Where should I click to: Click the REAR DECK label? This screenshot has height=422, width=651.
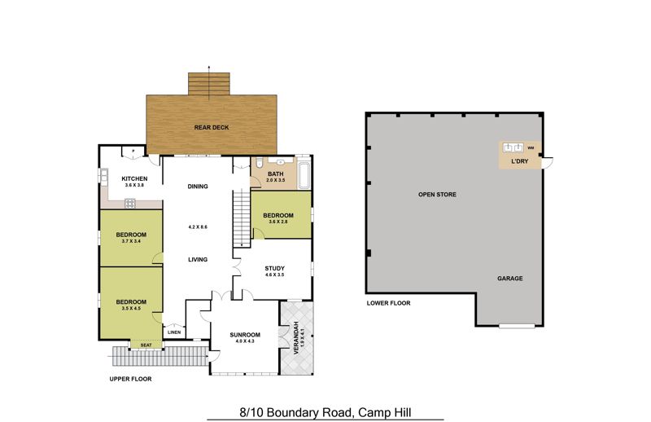click(x=212, y=128)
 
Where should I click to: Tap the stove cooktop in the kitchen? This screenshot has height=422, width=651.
click(x=130, y=204)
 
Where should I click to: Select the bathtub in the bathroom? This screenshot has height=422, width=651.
click(x=304, y=174)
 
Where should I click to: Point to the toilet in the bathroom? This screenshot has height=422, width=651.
click(x=259, y=163)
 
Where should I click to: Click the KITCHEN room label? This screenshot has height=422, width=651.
click(x=134, y=178)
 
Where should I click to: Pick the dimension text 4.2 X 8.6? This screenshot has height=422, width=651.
click(x=198, y=227)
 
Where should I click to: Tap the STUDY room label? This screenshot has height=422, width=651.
click(x=275, y=269)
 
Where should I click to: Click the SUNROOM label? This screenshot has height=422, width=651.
click(x=245, y=335)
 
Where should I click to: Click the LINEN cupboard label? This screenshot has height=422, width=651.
click(x=174, y=332)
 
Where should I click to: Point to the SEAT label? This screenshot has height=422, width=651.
click(x=146, y=345)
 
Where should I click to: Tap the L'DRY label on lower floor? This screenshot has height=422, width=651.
click(x=520, y=161)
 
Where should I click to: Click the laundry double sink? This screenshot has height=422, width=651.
click(x=513, y=147)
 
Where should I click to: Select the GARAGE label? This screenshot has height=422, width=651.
click(x=510, y=279)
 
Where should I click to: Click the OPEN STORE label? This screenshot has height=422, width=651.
click(x=437, y=195)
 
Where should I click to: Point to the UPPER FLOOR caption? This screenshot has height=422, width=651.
click(x=130, y=379)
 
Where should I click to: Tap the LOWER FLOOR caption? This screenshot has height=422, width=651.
click(x=389, y=304)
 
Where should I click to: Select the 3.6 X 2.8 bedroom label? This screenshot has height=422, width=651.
click(x=278, y=222)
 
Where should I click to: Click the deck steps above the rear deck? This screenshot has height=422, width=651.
click(x=209, y=84)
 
